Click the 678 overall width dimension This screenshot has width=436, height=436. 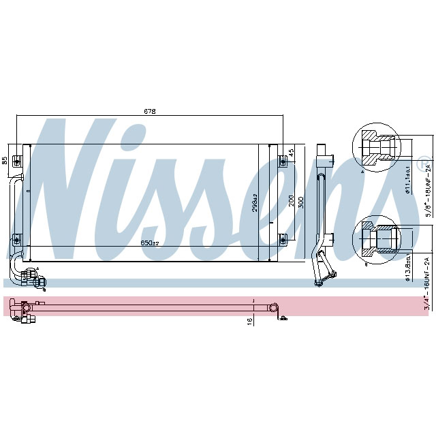[149, 112]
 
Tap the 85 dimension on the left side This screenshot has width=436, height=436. [5, 161]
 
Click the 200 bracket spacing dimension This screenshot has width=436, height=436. [291, 200]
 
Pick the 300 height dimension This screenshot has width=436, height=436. [301, 202]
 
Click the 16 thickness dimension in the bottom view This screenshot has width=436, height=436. [249, 320]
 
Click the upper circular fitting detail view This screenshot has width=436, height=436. [375, 147]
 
